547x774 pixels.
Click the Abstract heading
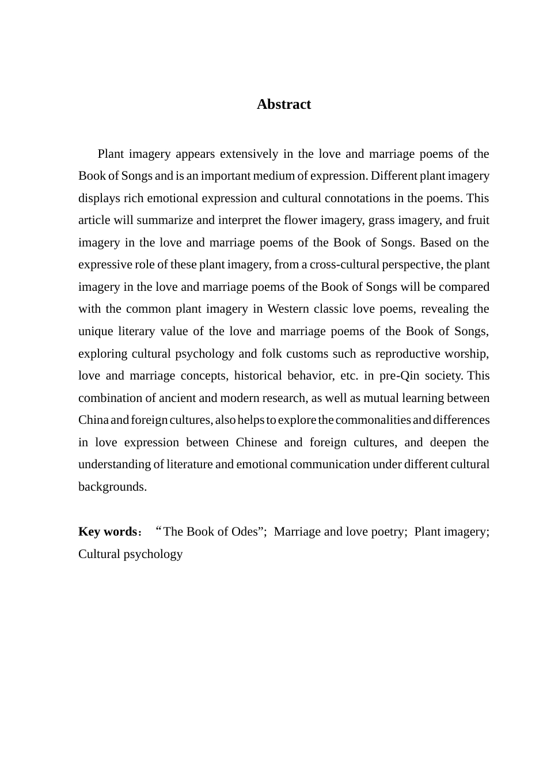pyautogui.click(x=283, y=104)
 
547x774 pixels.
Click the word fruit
pyautogui.click(x=477, y=220)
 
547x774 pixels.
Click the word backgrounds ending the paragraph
pyautogui.click(x=112, y=487)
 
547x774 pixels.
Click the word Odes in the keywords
pyautogui.click(x=244, y=532)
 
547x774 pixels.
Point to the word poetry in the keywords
pyautogui.click(x=386, y=532)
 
